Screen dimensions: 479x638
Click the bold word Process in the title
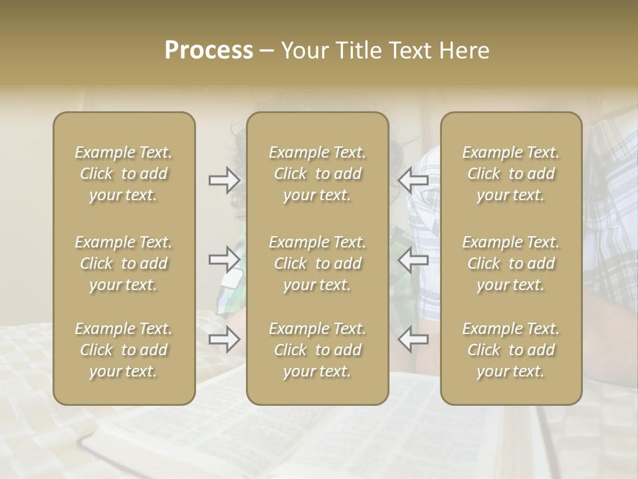click(x=209, y=51)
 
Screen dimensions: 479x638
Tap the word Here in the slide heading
click(x=465, y=51)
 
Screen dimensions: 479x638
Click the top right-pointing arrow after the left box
click(x=224, y=180)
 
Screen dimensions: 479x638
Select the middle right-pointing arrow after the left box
click(x=224, y=259)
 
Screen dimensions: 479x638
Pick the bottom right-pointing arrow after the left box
click(x=224, y=339)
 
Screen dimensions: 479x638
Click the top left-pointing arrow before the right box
click(x=413, y=180)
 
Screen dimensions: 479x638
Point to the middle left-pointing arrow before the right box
click(x=413, y=259)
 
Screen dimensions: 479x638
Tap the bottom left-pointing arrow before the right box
click(x=413, y=339)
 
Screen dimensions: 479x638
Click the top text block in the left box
click(x=124, y=174)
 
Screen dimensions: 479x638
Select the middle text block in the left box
click(x=124, y=263)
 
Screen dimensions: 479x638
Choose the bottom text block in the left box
click(x=124, y=350)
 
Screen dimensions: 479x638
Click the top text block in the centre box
click(x=317, y=174)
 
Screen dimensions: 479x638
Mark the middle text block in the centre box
click(x=317, y=263)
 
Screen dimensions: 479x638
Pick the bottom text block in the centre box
click(x=317, y=350)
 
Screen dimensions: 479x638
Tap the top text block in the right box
click(x=511, y=174)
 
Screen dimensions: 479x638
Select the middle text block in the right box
click(x=511, y=263)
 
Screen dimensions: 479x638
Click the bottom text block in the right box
click(x=511, y=350)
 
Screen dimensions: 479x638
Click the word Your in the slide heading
click(x=304, y=51)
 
